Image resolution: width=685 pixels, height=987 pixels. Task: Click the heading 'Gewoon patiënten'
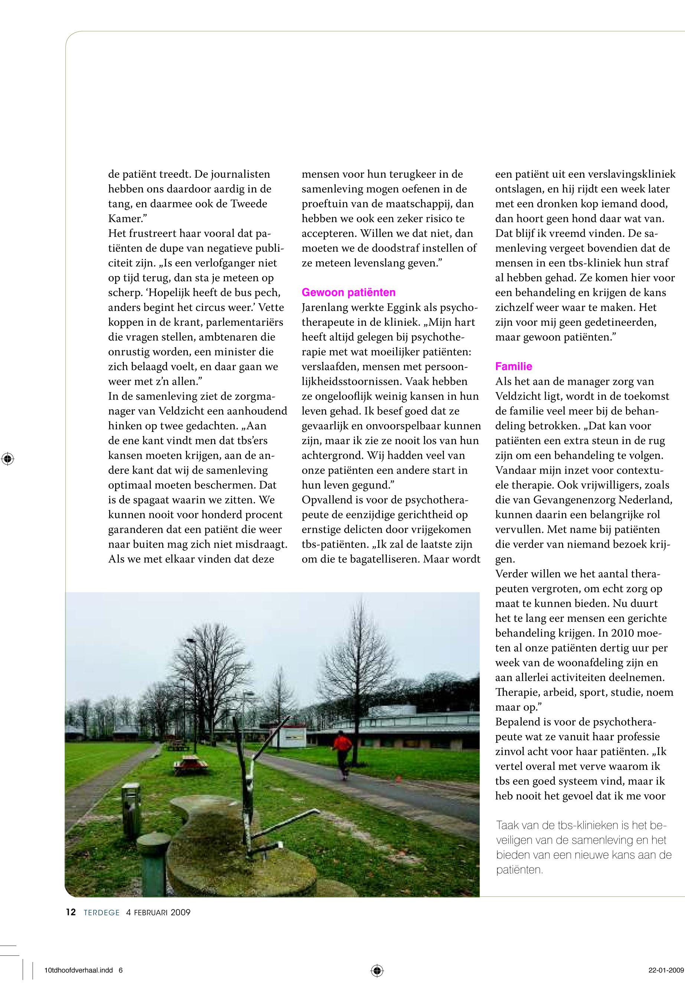tap(349, 292)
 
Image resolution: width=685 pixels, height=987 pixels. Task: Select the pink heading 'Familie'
tap(513, 366)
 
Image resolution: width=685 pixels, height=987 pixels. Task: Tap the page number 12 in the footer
tap(71, 912)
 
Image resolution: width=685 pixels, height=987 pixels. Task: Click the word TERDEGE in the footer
tap(102, 913)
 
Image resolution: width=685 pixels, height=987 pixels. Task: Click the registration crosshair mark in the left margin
tap(8, 459)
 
